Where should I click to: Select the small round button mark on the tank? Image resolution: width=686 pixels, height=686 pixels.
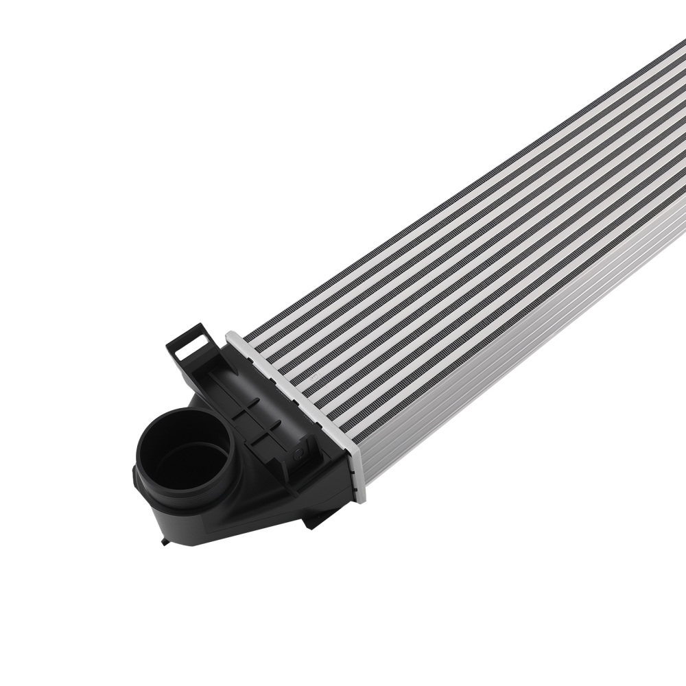(300, 453)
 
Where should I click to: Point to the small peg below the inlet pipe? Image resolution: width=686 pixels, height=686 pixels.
(164, 543)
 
